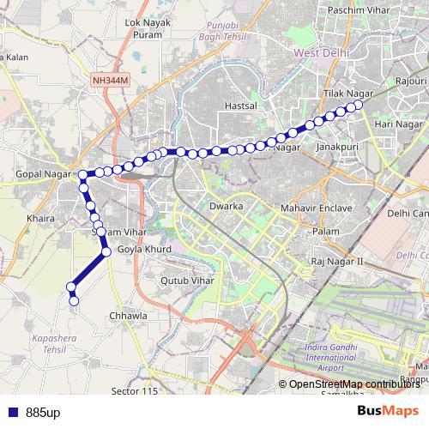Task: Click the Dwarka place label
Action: tap(227, 208)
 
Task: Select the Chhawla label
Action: tap(129, 316)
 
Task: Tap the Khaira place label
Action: tap(40, 219)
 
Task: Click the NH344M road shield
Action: tap(109, 79)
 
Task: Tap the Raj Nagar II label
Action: tap(338, 260)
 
